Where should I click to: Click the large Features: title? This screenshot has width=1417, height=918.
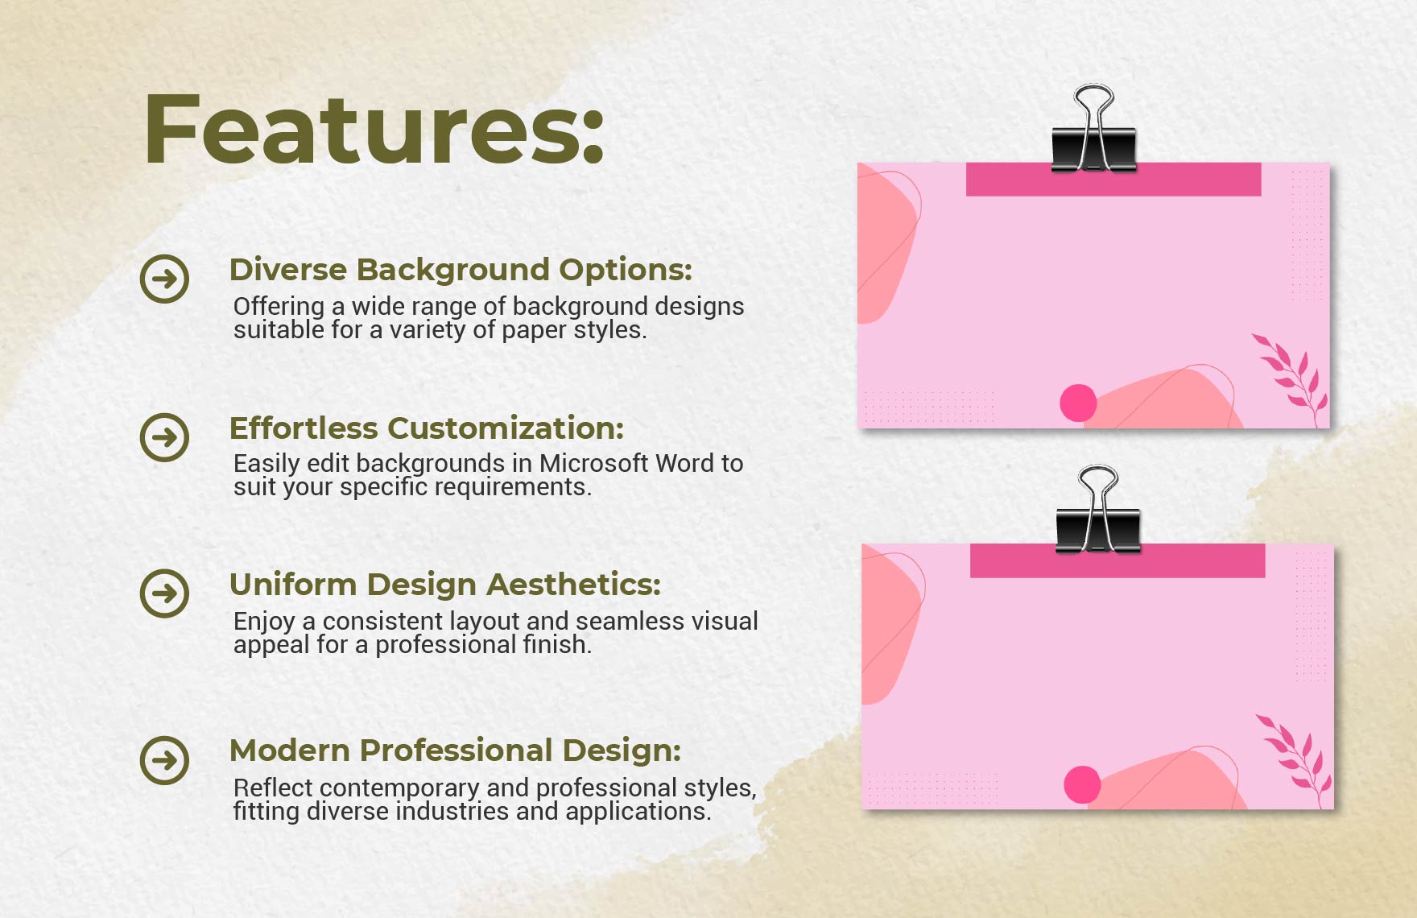click(374, 129)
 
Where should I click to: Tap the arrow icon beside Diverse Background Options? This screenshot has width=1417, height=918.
click(164, 279)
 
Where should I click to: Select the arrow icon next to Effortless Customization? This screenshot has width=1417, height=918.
click(164, 437)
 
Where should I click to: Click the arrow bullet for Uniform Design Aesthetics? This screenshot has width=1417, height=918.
click(164, 593)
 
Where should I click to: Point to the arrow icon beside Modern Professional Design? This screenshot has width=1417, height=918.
click(164, 760)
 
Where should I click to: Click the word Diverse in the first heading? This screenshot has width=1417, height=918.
click(287, 270)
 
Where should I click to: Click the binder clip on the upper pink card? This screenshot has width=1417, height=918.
click(1094, 129)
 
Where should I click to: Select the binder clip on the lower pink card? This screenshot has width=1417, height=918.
click(1098, 510)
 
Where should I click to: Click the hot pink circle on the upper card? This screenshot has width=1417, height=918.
click(1078, 403)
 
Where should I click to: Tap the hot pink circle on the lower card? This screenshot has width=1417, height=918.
click(1082, 784)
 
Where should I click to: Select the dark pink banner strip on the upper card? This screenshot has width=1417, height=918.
click(1113, 180)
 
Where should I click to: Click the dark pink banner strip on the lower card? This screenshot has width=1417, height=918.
click(1117, 560)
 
